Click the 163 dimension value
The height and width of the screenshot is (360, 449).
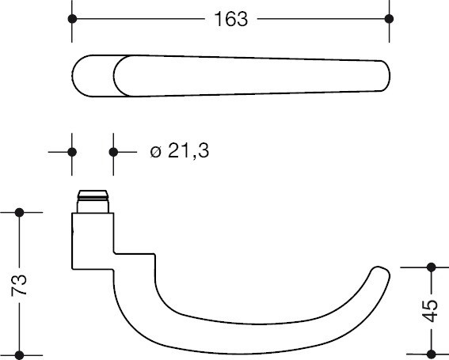[x=230, y=19]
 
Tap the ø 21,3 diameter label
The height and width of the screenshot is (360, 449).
[x=180, y=151]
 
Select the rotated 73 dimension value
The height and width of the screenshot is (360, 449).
[x=19, y=285]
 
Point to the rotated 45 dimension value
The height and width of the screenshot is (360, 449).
[x=430, y=310]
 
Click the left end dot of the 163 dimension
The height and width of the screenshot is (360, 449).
[x=72, y=19]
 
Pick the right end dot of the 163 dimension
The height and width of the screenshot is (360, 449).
[x=389, y=19]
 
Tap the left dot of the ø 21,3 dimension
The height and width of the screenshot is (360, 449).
[x=72, y=152]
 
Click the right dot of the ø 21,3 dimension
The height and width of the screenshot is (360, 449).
[x=113, y=152]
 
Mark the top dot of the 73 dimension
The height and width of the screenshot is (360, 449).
[x=20, y=213]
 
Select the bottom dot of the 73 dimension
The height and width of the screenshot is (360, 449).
[x=20, y=355]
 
